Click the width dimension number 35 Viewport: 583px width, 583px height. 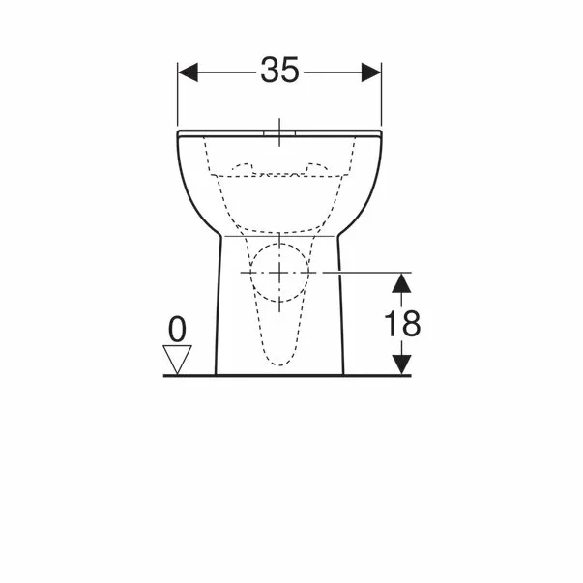[x=279, y=72]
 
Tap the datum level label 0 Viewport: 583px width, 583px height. [x=176, y=330]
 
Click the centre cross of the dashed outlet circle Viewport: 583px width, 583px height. [x=279, y=274]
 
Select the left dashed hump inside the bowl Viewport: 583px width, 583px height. [x=246, y=168]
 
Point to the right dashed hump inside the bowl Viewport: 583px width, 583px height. [x=314, y=168]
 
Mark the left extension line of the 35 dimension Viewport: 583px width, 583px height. [x=178, y=97]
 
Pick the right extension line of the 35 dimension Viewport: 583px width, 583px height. [x=382, y=97]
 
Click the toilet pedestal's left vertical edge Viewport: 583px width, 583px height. [x=218, y=309]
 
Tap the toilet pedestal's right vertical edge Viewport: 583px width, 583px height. [x=342, y=309]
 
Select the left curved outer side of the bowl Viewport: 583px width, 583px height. [x=188, y=189]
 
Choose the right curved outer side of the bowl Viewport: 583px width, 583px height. [x=372, y=189]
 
